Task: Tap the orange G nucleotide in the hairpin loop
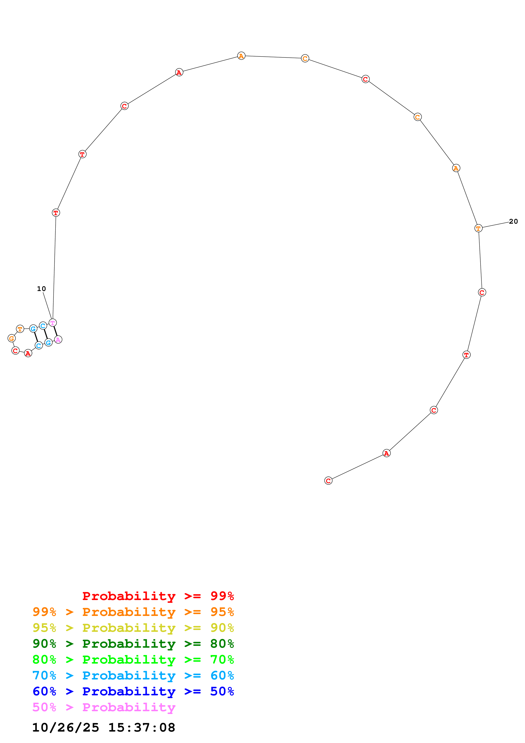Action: pyautogui.click(x=12, y=338)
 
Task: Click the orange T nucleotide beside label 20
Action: pyautogui.click(x=478, y=228)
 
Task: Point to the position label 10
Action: pyautogui.click(x=42, y=289)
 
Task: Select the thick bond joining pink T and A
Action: pyautogui.click(x=55, y=331)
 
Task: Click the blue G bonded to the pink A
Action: pyautogui.click(x=48, y=342)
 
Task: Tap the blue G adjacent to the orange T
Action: pyautogui.click(x=33, y=329)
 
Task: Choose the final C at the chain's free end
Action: pyautogui.click(x=328, y=481)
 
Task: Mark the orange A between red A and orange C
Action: pyautogui.click(x=241, y=56)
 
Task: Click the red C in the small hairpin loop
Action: pyautogui.click(x=15, y=351)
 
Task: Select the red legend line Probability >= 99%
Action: pyautogui.click(x=158, y=596)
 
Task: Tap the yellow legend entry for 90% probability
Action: pyautogui.click(x=133, y=628)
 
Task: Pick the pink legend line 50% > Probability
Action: pyautogui.click(x=104, y=707)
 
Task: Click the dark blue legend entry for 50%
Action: pyautogui.click(x=133, y=691)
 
